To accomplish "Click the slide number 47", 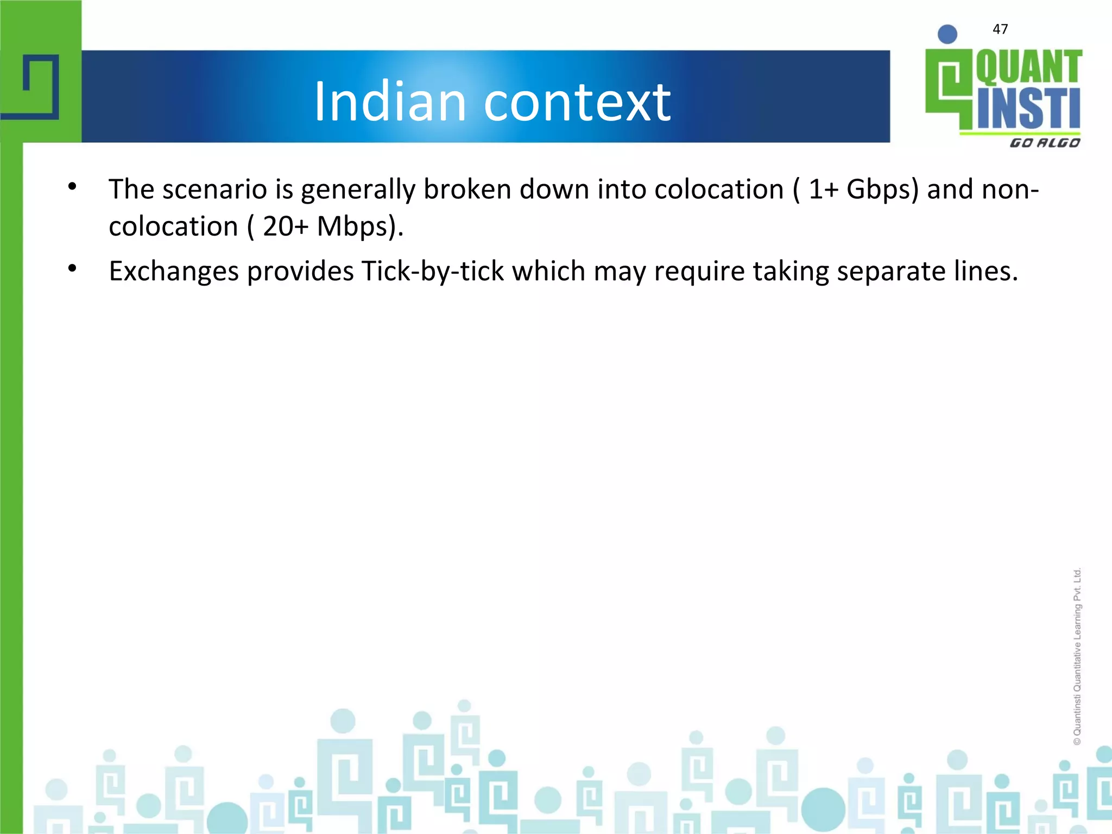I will [1000, 29].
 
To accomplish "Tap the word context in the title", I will [577, 102].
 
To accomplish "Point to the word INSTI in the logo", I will [1028, 109].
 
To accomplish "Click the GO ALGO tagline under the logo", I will [1044, 143].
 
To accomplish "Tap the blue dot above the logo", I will [947, 34].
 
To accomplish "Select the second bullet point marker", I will [72, 269].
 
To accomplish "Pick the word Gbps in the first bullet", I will [882, 190].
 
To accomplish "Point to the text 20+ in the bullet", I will [286, 226].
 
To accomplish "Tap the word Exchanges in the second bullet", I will [174, 271].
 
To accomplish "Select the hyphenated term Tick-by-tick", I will [433, 271].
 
